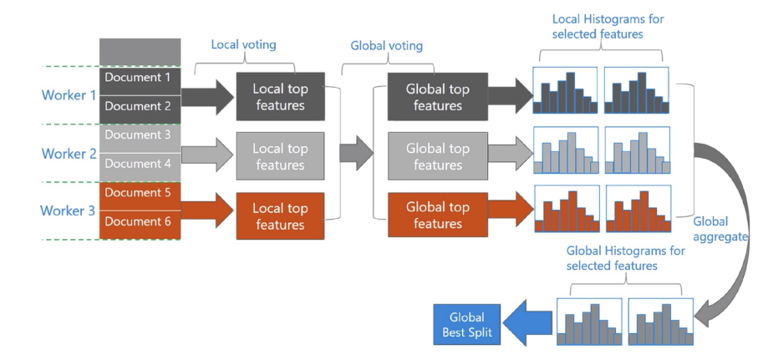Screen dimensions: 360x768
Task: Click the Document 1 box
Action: point(140,78)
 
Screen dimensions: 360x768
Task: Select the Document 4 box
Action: point(140,164)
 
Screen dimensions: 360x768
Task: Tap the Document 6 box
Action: point(140,221)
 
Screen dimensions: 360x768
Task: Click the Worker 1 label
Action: point(69,95)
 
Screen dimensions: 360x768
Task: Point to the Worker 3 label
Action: point(69,210)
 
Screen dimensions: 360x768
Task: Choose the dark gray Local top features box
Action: point(280,97)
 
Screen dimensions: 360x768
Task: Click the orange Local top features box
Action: point(280,216)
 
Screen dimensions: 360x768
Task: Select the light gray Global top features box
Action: point(437,157)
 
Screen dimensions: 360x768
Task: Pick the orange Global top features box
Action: point(437,215)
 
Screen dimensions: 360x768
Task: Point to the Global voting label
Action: point(386,46)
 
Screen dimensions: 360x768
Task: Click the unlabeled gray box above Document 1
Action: point(140,52)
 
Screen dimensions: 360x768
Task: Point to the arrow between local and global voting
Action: point(355,152)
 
